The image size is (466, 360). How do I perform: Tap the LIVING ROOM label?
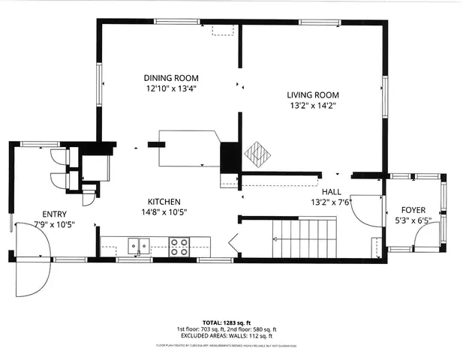(313, 95)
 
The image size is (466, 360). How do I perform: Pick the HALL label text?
(332, 192)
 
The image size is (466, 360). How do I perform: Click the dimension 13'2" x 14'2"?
(313, 106)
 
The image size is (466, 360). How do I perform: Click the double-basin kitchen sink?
(137, 245)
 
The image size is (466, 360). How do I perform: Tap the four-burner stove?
(179, 247)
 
